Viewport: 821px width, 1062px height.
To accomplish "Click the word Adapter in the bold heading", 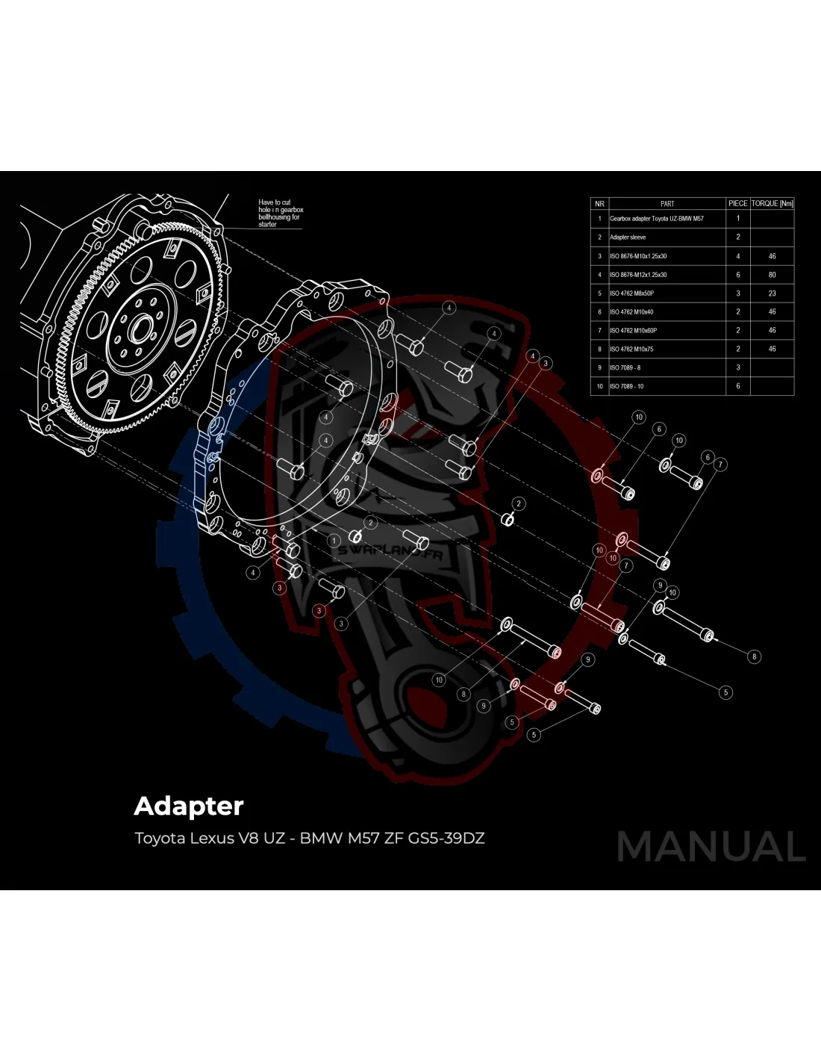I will pos(189,807).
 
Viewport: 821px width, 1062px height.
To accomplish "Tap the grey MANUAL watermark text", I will pos(711,847).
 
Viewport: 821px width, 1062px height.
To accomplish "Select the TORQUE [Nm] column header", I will pos(772,203).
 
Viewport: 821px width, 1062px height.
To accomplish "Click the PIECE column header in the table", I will pos(737,203).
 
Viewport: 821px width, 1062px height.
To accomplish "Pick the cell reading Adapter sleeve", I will pos(628,237).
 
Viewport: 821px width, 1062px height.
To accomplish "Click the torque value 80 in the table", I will pos(772,275).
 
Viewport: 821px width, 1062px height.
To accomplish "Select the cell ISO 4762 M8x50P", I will pos(631,294).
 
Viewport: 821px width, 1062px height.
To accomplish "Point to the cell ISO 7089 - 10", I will pos(626,386).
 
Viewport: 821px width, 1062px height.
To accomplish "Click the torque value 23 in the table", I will pos(772,294).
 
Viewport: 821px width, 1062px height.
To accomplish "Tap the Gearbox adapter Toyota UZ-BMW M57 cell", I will pos(656,219).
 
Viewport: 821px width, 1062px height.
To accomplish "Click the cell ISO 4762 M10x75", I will pos(631,349).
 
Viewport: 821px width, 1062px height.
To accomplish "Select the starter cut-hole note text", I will pos(280,213).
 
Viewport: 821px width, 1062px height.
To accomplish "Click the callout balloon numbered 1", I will pos(334,541).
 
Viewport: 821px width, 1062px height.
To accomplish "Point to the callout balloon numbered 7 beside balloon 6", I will pos(720,465).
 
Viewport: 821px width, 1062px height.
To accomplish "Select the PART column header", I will pos(667,203).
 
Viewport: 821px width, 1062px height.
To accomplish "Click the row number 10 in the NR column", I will pos(599,386).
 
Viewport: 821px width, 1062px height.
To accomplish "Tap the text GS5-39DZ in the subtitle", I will pos(446,838).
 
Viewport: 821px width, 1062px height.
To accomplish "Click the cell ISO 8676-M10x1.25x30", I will pos(638,256).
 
